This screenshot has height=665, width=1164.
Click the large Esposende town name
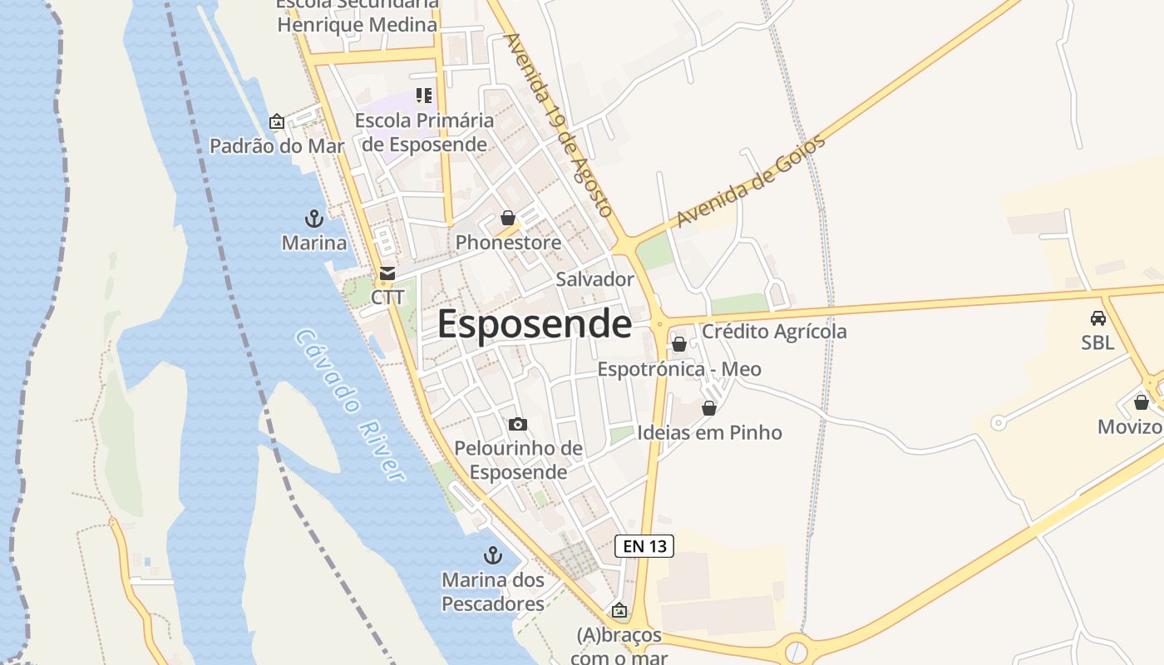(x=534, y=324)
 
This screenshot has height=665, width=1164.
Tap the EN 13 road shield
(x=644, y=546)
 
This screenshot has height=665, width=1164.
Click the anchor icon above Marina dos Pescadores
(x=493, y=554)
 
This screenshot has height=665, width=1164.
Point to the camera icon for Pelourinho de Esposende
(x=517, y=425)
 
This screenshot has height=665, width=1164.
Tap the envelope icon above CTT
(x=387, y=273)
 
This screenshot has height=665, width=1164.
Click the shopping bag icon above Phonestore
(x=508, y=219)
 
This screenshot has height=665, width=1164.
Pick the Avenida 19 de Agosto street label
(x=558, y=125)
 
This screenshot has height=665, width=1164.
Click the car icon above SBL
(x=1097, y=318)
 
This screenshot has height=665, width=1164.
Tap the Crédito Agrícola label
(x=774, y=332)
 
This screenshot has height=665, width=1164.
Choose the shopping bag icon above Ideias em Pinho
(x=709, y=408)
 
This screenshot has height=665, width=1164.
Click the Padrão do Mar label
(x=277, y=146)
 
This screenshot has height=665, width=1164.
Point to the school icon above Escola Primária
(x=424, y=96)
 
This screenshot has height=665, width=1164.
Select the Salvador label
(x=594, y=279)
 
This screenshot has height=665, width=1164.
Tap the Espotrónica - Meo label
(x=679, y=369)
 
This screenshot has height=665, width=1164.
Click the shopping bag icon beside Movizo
(x=1142, y=403)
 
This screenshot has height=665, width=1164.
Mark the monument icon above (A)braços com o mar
(x=619, y=611)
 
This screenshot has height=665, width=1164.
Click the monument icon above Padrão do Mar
(x=277, y=122)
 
